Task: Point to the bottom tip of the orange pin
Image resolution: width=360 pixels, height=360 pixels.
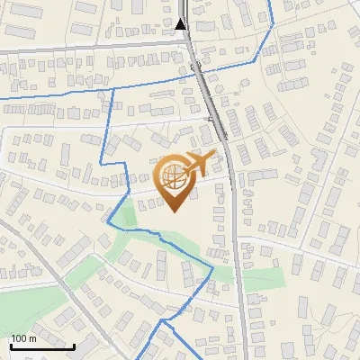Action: (174, 213)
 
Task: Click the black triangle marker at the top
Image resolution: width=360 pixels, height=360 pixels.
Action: (182, 23)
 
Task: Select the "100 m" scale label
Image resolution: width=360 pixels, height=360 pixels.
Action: (23, 338)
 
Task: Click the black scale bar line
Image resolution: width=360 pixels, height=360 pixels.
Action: (42, 346)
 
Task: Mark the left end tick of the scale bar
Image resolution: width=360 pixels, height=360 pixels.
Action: (11, 345)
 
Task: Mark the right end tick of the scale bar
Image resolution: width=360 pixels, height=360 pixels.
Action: (74, 345)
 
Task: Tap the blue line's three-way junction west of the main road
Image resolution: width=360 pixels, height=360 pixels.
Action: (112, 89)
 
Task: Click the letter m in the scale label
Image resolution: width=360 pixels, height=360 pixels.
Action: (33, 338)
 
